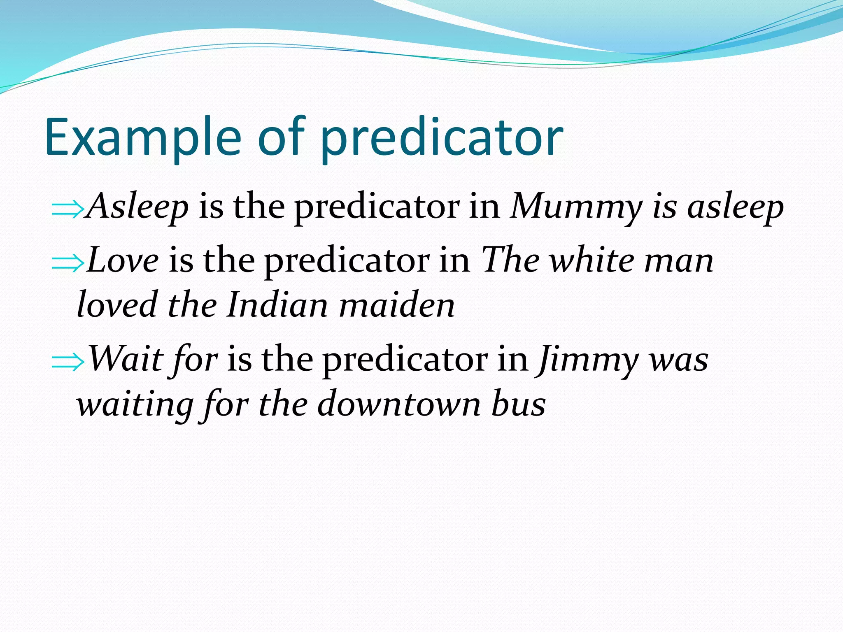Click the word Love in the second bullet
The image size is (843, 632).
pyautogui.click(x=123, y=261)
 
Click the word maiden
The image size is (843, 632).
pyautogui.click(x=397, y=305)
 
